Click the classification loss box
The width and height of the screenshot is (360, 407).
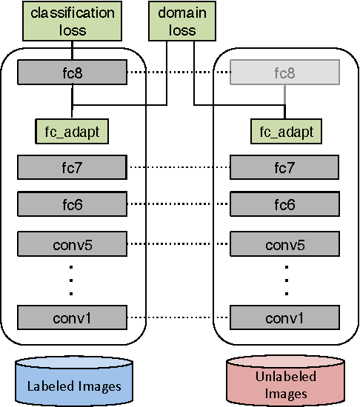72,21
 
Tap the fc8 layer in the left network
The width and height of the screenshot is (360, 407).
72,73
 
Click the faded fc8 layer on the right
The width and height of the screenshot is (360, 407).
284,73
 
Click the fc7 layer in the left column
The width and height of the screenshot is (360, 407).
72,167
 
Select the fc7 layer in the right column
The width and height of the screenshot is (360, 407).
284,167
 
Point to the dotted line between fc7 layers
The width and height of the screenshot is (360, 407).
178,167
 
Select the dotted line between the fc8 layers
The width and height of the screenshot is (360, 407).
178,73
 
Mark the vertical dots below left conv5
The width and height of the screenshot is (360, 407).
72,280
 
